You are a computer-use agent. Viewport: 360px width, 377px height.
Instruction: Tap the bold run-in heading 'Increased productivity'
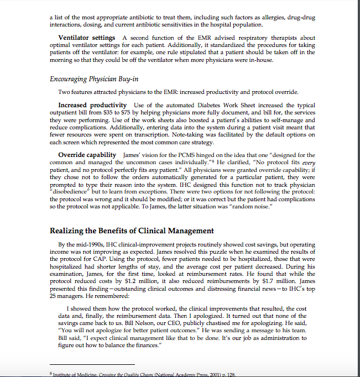pos(93,105)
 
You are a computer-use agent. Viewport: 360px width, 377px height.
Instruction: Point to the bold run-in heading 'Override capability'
pos(87,155)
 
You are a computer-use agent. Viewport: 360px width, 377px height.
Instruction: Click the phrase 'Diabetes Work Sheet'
pos(220,105)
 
